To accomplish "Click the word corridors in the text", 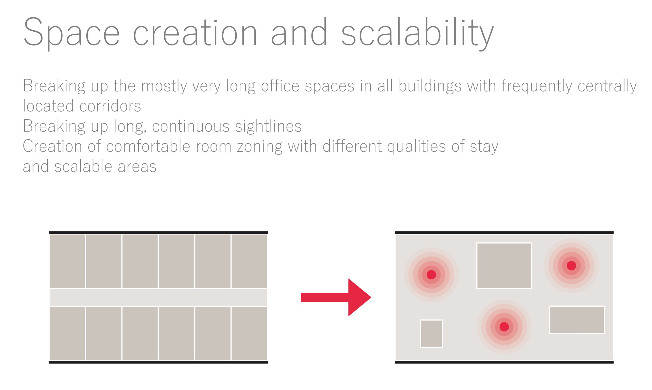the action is click(110, 106).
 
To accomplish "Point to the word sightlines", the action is click(268, 126).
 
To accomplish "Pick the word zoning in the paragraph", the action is click(260, 146).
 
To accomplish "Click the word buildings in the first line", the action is click(430, 86).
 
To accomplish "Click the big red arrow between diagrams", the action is click(336, 297).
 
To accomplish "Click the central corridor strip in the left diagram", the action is click(158, 297).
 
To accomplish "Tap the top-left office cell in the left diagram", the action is click(67, 261).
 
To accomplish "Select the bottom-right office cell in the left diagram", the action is click(249, 333).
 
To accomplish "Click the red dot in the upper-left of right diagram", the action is click(431, 275).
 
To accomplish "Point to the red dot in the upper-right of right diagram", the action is click(571, 265).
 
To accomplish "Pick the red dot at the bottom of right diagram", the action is click(504, 327).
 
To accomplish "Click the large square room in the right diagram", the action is click(504, 265).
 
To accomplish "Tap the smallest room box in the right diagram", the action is click(431, 333).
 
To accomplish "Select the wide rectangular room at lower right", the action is click(577, 320).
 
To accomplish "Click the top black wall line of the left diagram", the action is click(158, 232).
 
